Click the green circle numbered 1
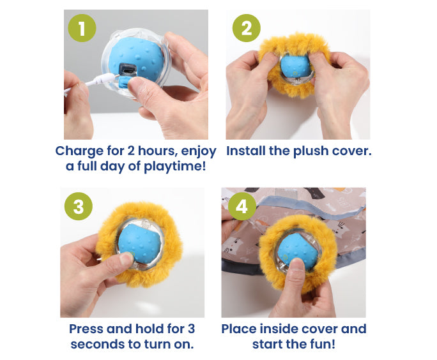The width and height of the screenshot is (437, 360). click(82, 28)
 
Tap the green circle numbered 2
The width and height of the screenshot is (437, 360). click(247, 28)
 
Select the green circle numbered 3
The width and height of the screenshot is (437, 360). click(79, 206)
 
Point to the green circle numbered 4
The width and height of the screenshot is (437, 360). click(242, 206)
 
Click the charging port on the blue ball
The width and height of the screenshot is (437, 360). click(128, 70)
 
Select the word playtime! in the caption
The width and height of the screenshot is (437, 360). click(175, 166)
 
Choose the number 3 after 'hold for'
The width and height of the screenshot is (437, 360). click(191, 329)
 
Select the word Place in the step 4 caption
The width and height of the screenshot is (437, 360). click(239, 329)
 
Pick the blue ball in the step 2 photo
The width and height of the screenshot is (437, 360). click(295, 66)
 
